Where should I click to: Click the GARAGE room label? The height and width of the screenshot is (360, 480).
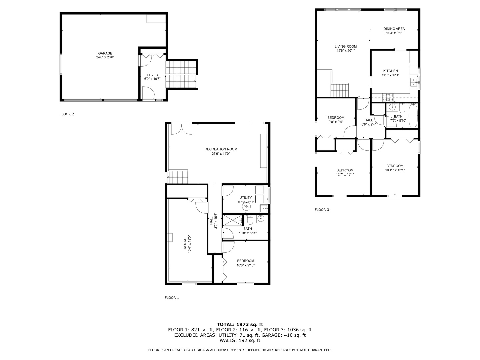click(105, 53)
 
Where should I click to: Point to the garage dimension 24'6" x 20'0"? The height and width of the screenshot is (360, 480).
click(105, 57)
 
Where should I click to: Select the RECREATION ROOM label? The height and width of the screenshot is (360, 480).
click(221, 149)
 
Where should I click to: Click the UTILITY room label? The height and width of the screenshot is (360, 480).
click(245, 198)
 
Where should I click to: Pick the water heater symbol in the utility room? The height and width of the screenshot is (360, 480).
click(246, 207)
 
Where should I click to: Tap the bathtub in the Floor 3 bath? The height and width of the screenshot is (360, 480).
click(413, 116)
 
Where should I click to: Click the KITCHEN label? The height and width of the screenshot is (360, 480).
click(390, 71)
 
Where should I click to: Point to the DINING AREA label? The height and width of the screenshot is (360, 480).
click(394, 29)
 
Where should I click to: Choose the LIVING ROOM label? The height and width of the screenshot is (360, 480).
click(346, 47)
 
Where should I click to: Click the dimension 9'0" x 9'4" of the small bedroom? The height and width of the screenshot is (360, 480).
click(336, 122)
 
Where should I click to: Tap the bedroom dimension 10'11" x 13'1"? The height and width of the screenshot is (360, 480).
click(395, 170)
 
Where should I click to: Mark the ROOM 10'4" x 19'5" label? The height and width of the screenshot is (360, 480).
click(187, 244)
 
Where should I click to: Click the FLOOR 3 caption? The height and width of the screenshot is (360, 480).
click(322, 210)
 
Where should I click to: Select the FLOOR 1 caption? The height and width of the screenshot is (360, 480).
click(172, 298)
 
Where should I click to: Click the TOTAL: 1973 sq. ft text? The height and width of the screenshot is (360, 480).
click(240, 324)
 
